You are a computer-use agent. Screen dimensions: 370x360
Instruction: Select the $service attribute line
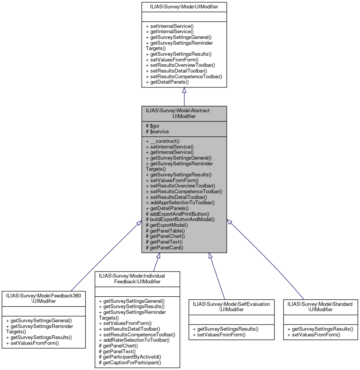157,131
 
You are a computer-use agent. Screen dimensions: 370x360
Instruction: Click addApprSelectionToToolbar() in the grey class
180,202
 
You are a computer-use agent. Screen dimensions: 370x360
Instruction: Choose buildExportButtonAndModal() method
180,219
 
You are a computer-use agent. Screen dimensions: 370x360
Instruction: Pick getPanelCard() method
165,247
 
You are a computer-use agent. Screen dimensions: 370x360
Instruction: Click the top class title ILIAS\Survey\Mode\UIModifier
184,6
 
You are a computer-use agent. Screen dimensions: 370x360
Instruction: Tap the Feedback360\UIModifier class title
44,298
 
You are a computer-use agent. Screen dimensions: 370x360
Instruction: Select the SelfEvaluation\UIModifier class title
232,307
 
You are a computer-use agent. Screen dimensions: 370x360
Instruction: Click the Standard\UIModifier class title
320,307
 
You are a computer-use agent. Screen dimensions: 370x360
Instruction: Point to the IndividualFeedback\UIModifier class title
137,278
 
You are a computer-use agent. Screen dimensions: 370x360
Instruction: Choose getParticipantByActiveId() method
130,357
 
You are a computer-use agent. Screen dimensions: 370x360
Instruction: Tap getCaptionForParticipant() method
130,362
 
